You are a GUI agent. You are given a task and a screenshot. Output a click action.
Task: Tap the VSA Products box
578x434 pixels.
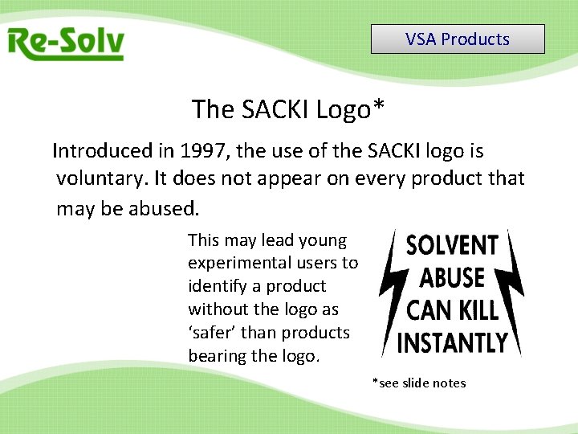(458, 39)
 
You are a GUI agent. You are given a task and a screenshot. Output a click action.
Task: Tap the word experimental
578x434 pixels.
(235, 263)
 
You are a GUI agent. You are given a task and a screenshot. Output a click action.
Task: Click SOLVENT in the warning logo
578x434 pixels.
(453, 245)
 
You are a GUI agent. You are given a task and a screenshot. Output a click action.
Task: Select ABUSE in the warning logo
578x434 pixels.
(453, 277)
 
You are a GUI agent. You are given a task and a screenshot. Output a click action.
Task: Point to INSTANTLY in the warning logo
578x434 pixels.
(453, 342)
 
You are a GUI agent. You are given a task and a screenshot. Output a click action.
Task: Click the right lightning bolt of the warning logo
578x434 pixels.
(515, 293)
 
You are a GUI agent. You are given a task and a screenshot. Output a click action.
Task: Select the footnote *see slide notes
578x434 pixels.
(418, 383)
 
